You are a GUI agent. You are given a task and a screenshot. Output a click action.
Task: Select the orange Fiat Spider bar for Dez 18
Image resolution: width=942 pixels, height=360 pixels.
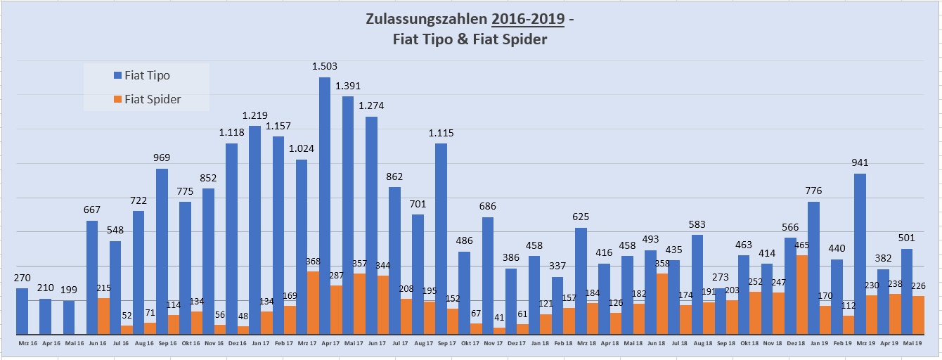tap(802, 295)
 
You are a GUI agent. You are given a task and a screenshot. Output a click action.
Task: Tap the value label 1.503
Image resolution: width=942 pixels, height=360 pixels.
tap(325, 67)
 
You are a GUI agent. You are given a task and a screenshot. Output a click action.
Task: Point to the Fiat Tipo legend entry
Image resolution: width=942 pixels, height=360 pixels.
tap(147, 76)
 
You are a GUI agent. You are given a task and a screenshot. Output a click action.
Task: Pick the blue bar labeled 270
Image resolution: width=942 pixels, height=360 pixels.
tap(22, 311)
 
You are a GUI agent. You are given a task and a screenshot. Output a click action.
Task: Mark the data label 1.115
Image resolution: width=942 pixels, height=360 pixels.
tap(441, 133)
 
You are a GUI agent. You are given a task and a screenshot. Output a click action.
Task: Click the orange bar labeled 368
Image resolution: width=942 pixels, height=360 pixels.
tap(314, 302)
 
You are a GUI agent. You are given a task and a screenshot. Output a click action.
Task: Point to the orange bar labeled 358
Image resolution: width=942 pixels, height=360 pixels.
tap(662, 303)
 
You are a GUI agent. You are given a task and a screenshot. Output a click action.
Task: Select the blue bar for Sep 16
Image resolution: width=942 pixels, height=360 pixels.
tap(162, 251)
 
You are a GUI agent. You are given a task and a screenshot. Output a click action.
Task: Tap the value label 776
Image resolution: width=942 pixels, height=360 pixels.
tap(814, 191)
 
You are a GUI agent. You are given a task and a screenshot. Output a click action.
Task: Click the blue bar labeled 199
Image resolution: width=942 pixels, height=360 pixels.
tap(69, 317)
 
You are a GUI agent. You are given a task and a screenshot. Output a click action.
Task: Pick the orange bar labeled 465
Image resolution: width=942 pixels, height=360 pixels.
tap(802, 295)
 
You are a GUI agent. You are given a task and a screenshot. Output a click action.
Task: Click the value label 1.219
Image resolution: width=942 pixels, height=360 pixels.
tap(254, 115)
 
